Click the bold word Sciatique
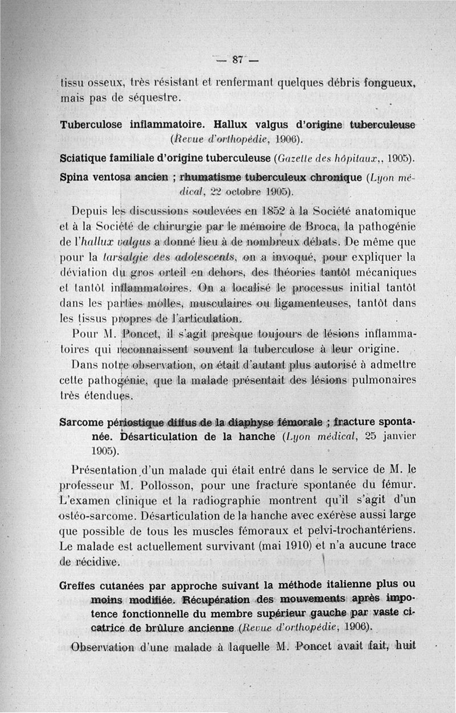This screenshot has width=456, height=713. tap(85, 157)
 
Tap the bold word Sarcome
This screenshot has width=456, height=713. tap(82, 423)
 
